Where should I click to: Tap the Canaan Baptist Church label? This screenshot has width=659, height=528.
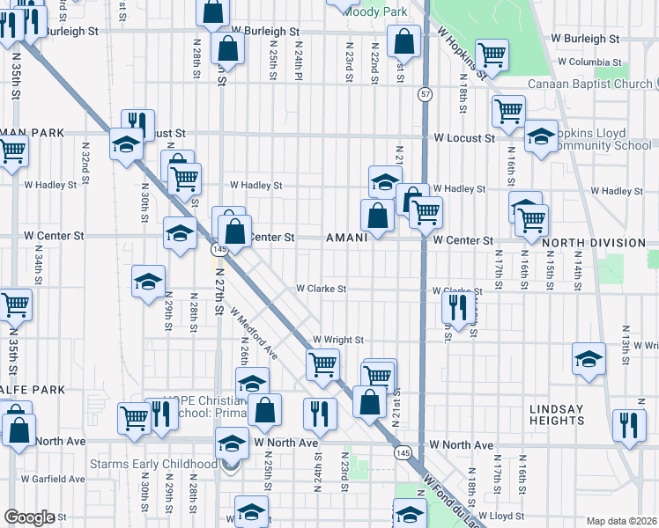[x=589, y=84]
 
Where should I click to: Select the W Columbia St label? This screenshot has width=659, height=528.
[x=589, y=62]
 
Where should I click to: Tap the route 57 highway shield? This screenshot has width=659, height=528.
[x=425, y=94]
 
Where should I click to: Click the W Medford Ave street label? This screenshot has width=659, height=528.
[x=255, y=334]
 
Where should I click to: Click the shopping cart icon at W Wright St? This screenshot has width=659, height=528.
[x=323, y=362]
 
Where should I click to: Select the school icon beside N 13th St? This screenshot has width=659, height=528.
[x=589, y=358]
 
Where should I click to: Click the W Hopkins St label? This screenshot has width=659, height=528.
[x=463, y=54]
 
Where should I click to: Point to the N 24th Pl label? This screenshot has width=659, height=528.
[x=300, y=59]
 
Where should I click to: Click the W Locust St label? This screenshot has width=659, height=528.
[x=464, y=139]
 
